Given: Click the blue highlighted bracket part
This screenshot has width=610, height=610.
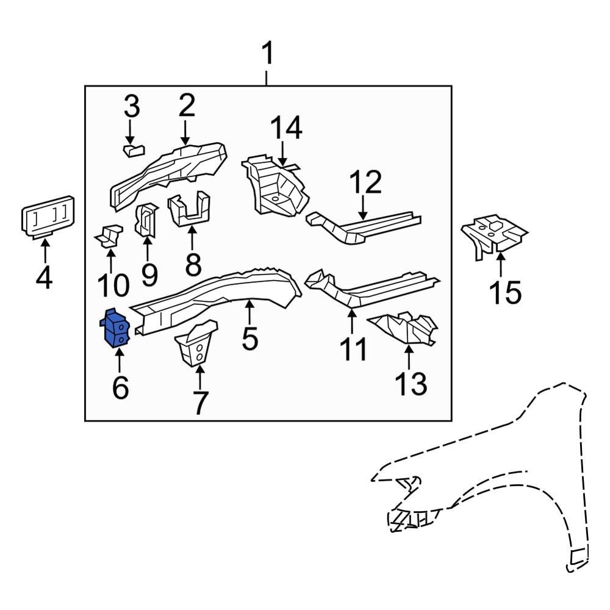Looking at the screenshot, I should coord(116,328).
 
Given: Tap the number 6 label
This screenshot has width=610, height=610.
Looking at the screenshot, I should coord(120,387).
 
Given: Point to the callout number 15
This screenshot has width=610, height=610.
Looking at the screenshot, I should coord(505,293).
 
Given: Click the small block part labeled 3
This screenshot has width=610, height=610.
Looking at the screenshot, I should coord(134,149).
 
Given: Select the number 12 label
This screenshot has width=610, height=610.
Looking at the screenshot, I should coord(365,182).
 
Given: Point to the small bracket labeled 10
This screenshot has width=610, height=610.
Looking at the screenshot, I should coord(108,237).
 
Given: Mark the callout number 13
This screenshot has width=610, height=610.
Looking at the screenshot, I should coord(411,384).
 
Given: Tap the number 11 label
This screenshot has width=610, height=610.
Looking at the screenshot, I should coord(354,350).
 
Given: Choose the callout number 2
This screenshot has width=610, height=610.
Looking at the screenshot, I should coord(186,106).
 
